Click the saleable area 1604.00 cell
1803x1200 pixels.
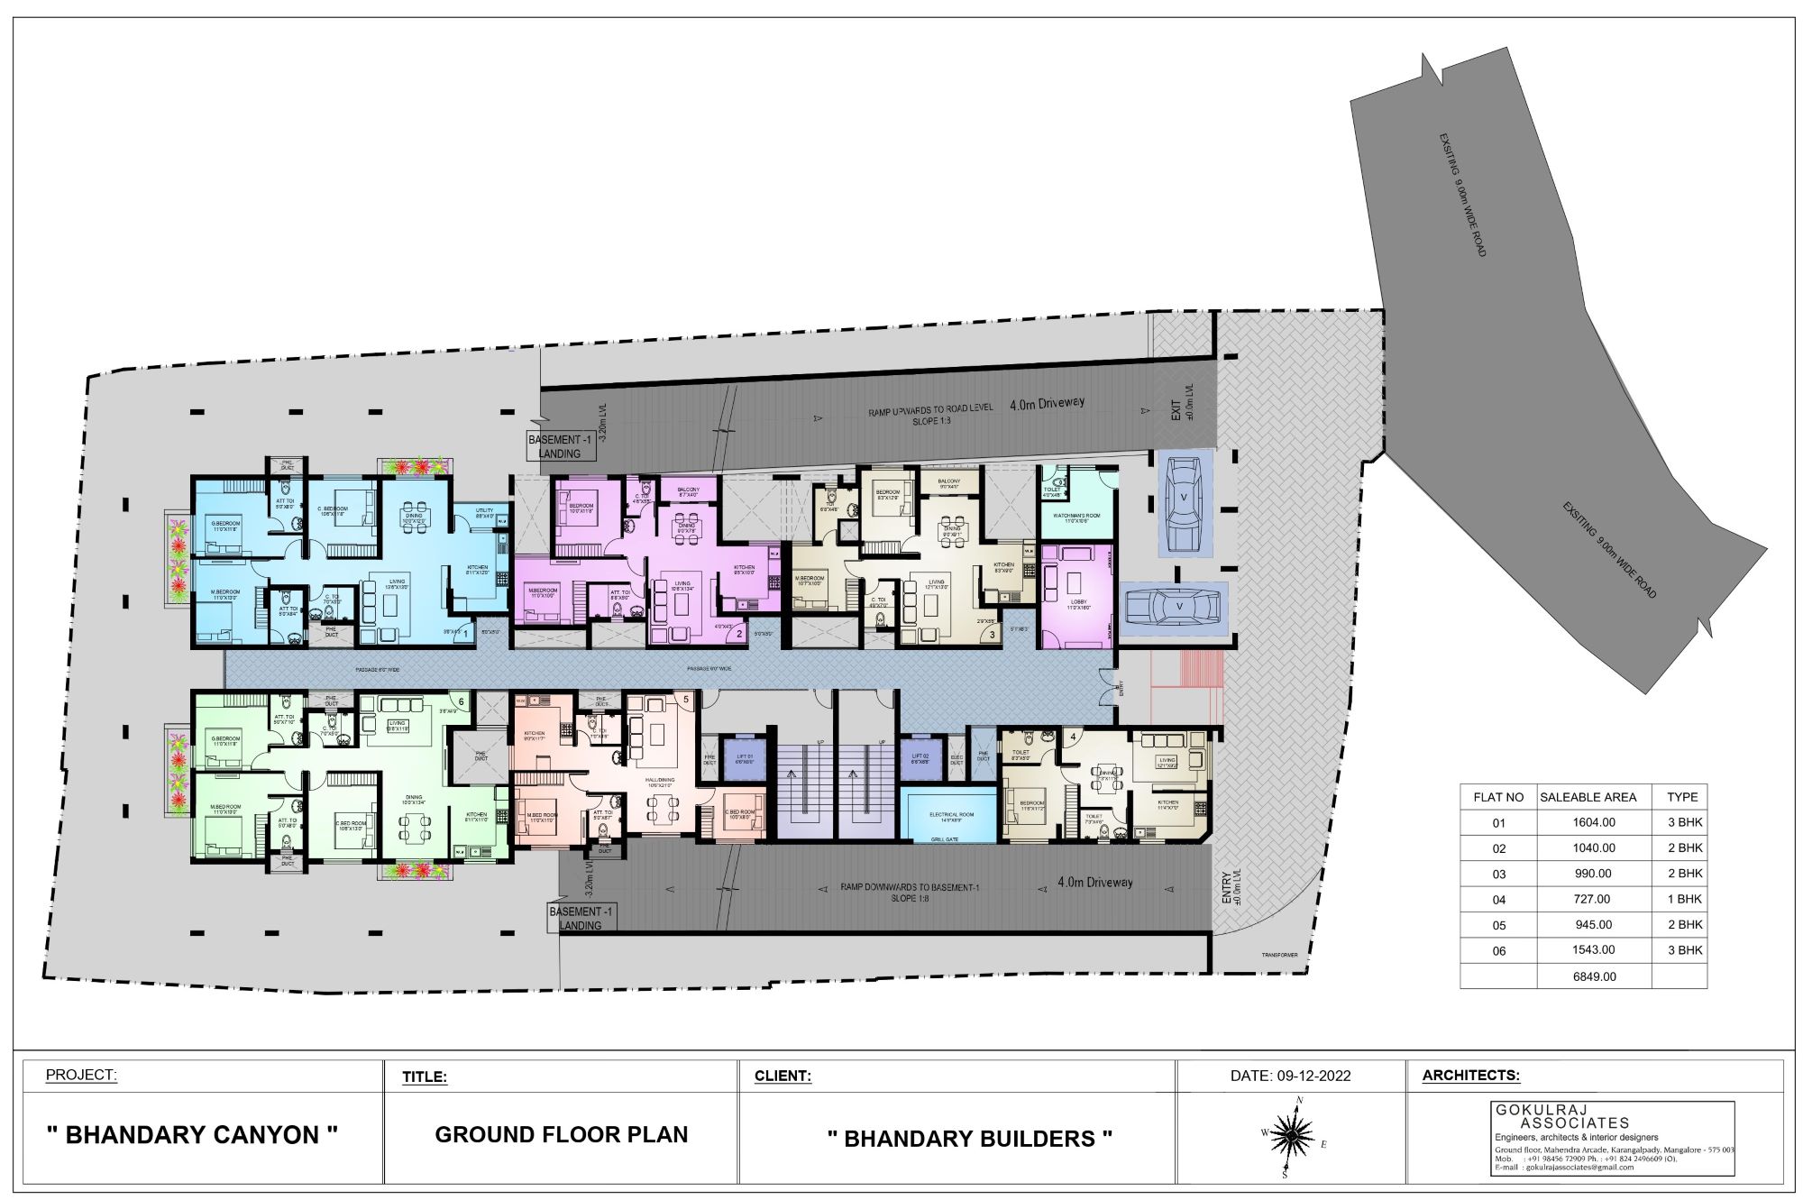tap(1593, 822)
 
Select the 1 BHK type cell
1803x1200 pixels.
tap(1682, 899)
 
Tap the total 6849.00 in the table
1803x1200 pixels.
tap(1593, 976)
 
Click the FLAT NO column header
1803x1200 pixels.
tap(1497, 797)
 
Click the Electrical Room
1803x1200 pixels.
tap(951, 816)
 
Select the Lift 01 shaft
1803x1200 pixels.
tap(744, 759)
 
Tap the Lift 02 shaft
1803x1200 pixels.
tap(920, 759)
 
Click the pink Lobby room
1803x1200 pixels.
tap(1077, 593)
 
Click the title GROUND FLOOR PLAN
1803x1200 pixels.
tap(561, 1135)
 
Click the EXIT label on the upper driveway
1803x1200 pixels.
tap(1176, 412)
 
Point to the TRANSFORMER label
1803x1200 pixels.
tap(1279, 955)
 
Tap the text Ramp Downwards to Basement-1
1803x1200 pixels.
tap(909, 887)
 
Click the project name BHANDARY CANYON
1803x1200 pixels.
tap(192, 1135)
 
